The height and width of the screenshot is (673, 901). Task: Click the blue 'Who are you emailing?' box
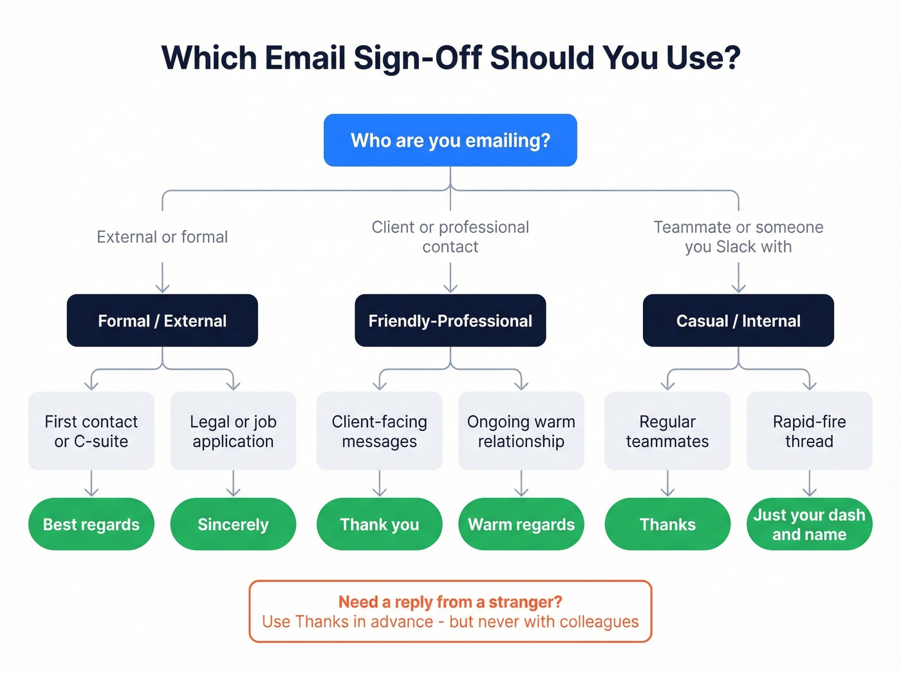coord(450,140)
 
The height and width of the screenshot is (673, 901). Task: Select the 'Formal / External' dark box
coord(162,321)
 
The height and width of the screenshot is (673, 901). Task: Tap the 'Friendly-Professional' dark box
coord(450,321)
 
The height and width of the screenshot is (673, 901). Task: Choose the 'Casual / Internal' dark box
coord(738,321)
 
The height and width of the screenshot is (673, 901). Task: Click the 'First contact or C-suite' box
coord(91,431)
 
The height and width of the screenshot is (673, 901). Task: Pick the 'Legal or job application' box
coord(233,431)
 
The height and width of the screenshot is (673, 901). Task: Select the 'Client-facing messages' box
coord(379,431)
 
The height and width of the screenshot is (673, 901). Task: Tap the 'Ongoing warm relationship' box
coord(521,431)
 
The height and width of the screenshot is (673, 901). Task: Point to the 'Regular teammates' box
coord(667,431)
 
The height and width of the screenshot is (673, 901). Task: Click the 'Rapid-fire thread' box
coord(809,431)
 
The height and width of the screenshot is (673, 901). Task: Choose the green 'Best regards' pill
coord(91,524)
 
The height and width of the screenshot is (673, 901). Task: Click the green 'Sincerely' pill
coord(233,524)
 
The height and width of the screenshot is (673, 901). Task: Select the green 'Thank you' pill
coord(379,524)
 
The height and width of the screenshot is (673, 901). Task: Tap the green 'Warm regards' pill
coord(521,524)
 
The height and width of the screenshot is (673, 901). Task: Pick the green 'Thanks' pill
coord(667,524)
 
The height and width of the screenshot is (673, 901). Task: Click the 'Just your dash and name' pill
coord(809,524)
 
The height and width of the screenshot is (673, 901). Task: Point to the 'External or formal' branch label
coord(162,237)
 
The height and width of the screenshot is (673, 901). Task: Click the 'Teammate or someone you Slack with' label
coord(738,237)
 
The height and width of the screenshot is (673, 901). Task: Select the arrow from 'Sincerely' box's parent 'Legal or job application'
coord(233,484)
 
